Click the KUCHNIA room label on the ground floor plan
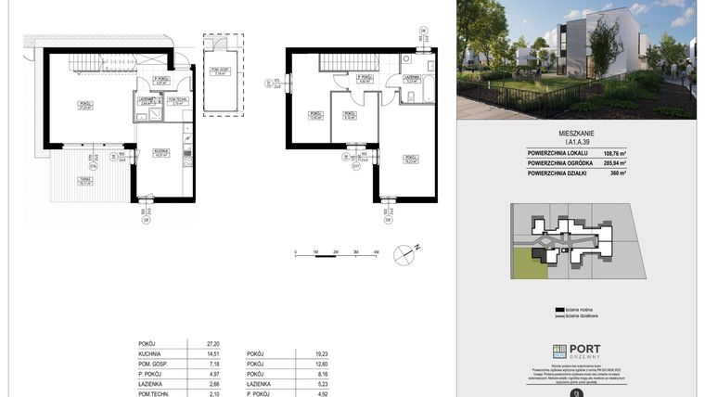(160, 153)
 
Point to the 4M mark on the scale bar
(375, 251)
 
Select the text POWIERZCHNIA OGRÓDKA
(562, 163)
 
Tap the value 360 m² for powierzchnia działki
(614, 173)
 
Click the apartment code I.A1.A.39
(576, 141)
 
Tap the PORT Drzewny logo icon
(558, 351)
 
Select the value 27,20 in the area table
(196, 342)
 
